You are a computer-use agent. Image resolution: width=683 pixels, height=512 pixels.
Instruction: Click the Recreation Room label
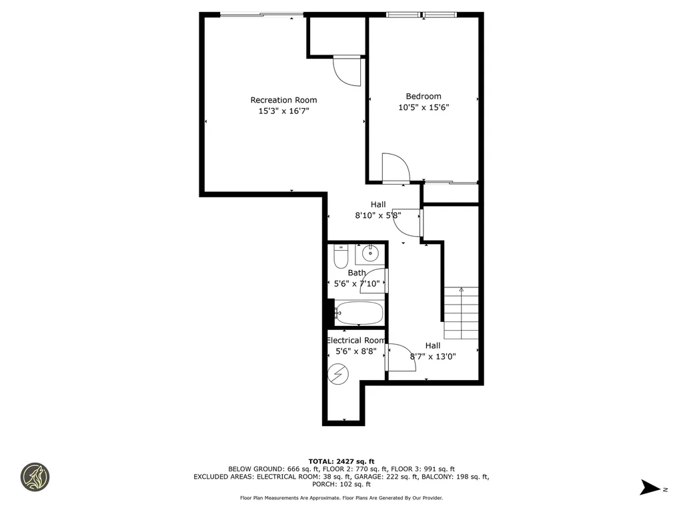[283, 100]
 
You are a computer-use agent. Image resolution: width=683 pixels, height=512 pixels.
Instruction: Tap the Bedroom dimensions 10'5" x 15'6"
[424, 107]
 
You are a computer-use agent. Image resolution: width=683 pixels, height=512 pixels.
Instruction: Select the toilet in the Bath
[341, 255]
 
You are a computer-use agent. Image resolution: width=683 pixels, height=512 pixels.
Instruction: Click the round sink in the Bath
[370, 253]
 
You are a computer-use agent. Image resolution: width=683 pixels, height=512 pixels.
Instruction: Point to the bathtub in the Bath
[359, 313]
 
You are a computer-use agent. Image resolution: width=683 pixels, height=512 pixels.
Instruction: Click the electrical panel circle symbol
[338, 374]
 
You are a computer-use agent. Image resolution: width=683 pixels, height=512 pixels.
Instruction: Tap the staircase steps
[462, 313]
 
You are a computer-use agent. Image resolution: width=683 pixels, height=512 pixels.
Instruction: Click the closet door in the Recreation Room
[347, 71]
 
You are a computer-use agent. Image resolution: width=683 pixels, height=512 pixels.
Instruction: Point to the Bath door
[375, 280]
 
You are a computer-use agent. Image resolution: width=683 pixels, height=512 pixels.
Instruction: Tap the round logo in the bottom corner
[35, 477]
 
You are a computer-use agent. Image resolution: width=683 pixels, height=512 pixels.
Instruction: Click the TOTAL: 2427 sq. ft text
[341, 461]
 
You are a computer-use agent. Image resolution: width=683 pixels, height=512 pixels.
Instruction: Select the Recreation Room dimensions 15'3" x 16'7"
[283, 111]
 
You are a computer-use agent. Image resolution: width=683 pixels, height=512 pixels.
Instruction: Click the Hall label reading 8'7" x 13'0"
[433, 356]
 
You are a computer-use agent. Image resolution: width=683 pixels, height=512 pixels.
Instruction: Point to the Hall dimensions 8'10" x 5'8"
[378, 215]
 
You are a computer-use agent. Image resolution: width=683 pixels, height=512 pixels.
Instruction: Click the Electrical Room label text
[356, 340]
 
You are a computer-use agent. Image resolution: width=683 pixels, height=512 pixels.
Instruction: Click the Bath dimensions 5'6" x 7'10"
[357, 283]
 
